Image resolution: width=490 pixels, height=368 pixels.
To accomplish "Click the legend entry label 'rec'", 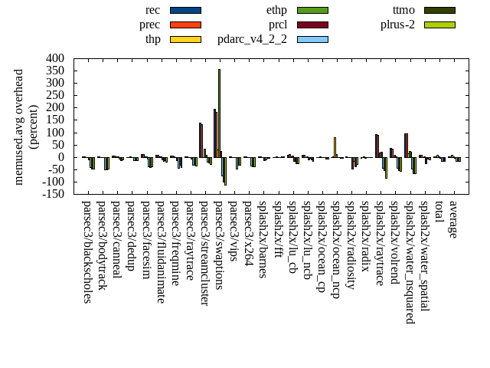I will pyautogui.click(x=152, y=10).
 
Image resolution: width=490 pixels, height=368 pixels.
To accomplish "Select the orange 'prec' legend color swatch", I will pyautogui.click(x=185, y=25).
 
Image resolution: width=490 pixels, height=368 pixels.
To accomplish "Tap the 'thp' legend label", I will pyautogui.click(x=152, y=39).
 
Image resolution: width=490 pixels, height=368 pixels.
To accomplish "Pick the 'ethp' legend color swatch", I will pyautogui.click(x=312, y=10).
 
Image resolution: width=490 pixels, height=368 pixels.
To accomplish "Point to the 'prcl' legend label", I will pyautogui.click(x=278, y=25).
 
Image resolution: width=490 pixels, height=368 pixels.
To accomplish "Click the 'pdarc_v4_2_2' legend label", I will pyautogui.click(x=252, y=39).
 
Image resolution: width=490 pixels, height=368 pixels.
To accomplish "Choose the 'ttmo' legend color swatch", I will pyautogui.click(x=439, y=10).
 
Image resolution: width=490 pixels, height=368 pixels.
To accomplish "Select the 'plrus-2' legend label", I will pyautogui.click(x=397, y=25).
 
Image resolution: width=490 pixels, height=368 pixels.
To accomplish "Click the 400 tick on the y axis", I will pyautogui.click(x=55, y=58).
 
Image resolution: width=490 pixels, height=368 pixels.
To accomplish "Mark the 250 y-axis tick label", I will pyautogui.click(x=55, y=95).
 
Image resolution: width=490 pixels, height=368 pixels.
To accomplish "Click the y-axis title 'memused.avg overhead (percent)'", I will pyautogui.click(x=26, y=127).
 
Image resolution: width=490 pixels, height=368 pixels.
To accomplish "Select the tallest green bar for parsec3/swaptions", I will pyautogui.click(x=219, y=113).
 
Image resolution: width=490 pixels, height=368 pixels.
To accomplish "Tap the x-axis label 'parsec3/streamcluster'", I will pyautogui.click(x=204, y=254).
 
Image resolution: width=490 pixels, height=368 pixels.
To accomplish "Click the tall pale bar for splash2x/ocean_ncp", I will pyautogui.click(x=335, y=147).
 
